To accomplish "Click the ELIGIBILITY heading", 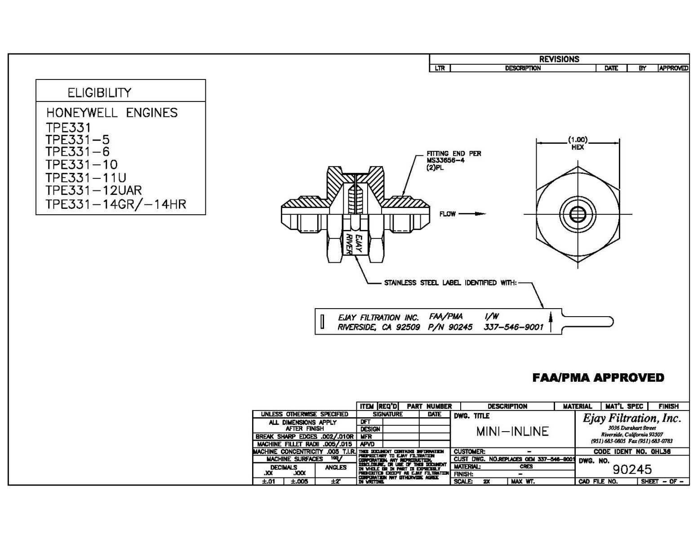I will tap(99, 93).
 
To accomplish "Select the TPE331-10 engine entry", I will tap(81, 164).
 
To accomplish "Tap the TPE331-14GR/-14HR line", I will tap(116, 204).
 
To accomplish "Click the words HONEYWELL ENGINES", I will tap(112, 112).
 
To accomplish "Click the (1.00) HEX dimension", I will tap(578, 143).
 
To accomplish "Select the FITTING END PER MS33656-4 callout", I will tap(453, 160).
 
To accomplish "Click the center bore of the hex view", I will tap(578, 214).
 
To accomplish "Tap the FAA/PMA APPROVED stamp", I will tap(598, 378).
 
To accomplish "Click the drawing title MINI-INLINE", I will tap(512, 432).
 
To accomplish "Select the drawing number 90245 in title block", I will tap(632, 469).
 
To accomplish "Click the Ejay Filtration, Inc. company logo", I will tap(632, 419).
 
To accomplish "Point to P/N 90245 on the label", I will tap(450, 327).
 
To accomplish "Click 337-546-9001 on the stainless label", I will tap(513, 327).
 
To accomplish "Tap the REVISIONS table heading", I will tap(559, 59).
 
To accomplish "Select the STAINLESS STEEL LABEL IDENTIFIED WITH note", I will tap(450, 283).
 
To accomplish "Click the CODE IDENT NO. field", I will tap(632, 451).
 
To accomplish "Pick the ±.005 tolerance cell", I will tap(299, 482).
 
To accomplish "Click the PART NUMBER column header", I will tap(429, 406).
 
